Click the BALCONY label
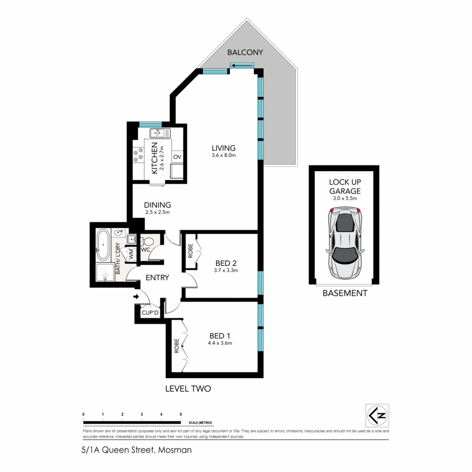[x=245, y=52]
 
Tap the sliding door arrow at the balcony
[x=242, y=65]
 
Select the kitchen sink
[x=160, y=133]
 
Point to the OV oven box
[x=177, y=157]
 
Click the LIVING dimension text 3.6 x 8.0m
[x=224, y=156]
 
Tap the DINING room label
[x=157, y=205]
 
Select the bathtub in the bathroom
[x=103, y=245]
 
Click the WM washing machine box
[x=131, y=254]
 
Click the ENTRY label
[x=157, y=278]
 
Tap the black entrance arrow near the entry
[x=136, y=296]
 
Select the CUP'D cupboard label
[x=150, y=313]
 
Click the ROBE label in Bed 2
[x=190, y=251]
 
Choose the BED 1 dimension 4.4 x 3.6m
[x=220, y=343]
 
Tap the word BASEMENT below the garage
[x=345, y=293]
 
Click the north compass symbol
[x=377, y=416]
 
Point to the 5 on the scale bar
[x=181, y=415]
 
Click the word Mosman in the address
[x=175, y=450]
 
